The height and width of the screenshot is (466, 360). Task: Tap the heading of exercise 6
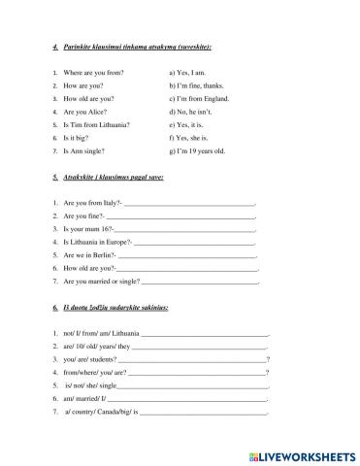pos(117,308)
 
